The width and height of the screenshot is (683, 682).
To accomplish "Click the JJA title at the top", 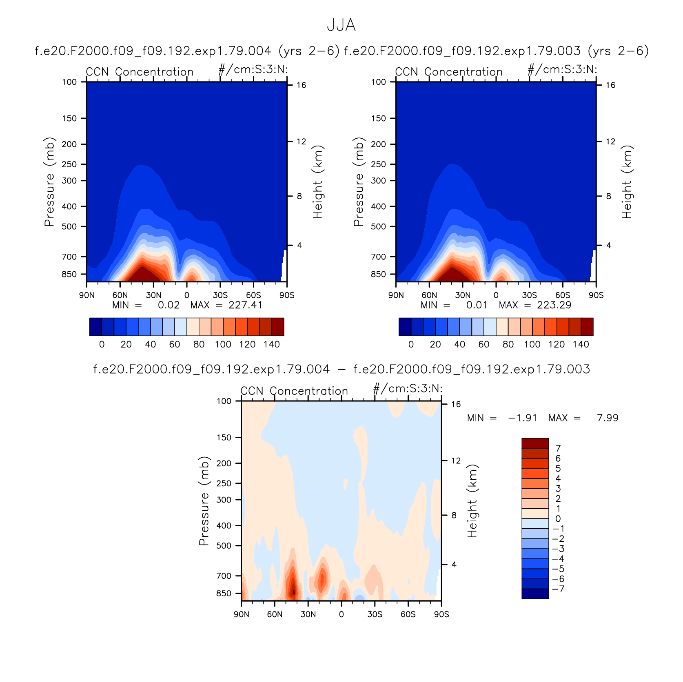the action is (341, 25).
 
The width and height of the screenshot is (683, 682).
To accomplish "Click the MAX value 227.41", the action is (245, 305).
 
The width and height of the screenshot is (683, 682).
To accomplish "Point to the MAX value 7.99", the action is (608, 418).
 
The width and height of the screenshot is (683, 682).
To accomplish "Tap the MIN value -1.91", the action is (522, 418).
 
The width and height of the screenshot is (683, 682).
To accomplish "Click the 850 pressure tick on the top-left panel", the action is (69, 274).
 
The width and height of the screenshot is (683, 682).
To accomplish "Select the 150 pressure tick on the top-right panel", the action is (378, 118).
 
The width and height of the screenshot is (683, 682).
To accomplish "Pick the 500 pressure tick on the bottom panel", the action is (224, 545).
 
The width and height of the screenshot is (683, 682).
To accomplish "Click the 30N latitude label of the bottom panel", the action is (308, 614).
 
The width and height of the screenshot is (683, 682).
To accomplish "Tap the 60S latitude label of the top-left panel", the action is (253, 295).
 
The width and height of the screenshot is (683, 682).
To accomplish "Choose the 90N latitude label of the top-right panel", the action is (396, 295).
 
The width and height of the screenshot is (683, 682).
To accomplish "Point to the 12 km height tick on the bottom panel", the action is (456, 461).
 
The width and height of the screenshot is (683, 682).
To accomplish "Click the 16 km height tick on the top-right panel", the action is (610, 85).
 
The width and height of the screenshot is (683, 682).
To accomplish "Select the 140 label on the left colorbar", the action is (272, 344).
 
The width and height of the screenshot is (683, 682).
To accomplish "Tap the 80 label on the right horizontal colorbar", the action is (508, 344).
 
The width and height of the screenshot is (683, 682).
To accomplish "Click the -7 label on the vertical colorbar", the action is (558, 589).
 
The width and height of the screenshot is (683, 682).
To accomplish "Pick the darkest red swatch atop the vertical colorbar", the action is (535, 443).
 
